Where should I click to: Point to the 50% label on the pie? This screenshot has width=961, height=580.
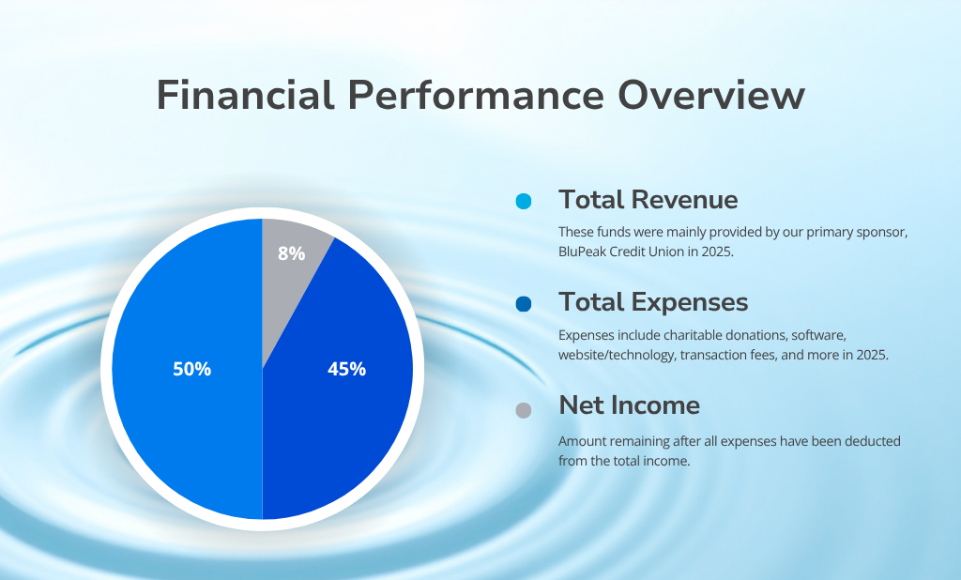coord(191,369)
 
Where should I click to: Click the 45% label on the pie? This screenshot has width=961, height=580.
coord(346,369)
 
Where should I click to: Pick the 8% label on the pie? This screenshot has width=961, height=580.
coord(291,252)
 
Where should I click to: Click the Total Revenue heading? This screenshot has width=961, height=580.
coord(648,200)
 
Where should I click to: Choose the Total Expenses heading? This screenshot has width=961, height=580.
coord(653,302)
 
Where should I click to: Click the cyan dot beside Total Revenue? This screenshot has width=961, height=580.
coord(524,201)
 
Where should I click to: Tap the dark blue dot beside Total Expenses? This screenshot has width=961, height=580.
coord(524,303)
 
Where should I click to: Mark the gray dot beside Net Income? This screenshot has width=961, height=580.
coord(524,410)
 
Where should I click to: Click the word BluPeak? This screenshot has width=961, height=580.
coord(583,252)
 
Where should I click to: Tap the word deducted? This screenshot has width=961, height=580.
coord(873,440)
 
